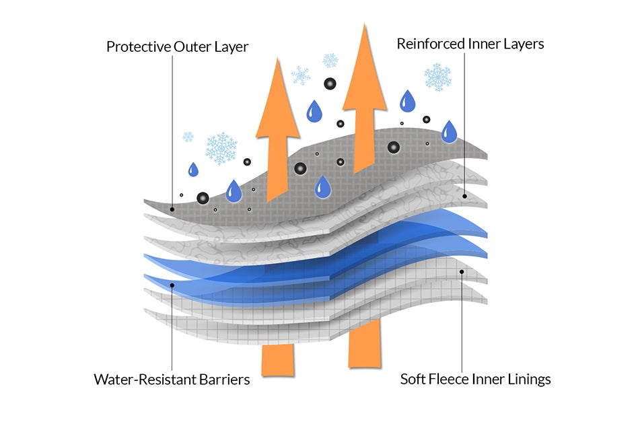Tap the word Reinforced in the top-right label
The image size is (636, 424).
[x=427, y=44]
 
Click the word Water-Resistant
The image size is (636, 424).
[x=138, y=380]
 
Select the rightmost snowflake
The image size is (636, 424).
[x=437, y=77]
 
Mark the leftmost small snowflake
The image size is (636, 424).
[x=188, y=137]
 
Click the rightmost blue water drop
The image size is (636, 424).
[x=449, y=131]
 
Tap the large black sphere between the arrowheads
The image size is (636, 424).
[x=330, y=84]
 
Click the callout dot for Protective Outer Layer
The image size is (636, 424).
[x=173, y=209]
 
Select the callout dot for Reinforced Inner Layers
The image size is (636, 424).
[x=464, y=196]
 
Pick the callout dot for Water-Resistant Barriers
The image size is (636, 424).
[x=173, y=285]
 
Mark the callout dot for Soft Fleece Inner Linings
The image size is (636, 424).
[x=462, y=272]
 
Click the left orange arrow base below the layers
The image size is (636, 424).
[x=277, y=360]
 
